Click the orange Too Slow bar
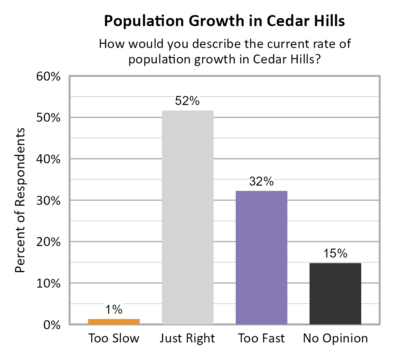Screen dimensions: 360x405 [x=114, y=321]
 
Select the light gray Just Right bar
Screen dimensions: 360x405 [x=187, y=217]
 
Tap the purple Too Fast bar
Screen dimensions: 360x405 [x=261, y=257]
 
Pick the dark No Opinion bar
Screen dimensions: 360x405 [x=335, y=294]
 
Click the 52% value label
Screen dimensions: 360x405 [x=187, y=102]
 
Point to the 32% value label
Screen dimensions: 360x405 [x=261, y=182]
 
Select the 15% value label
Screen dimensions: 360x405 [x=335, y=254]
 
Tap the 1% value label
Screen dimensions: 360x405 [x=114, y=309]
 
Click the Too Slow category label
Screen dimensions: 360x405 [x=114, y=339]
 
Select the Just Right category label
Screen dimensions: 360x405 [x=187, y=339]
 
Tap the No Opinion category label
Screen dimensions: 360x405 [x=335, y=339]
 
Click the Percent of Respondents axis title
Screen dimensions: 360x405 [x=20, y=201]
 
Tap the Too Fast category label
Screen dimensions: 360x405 [x=261, y=339]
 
